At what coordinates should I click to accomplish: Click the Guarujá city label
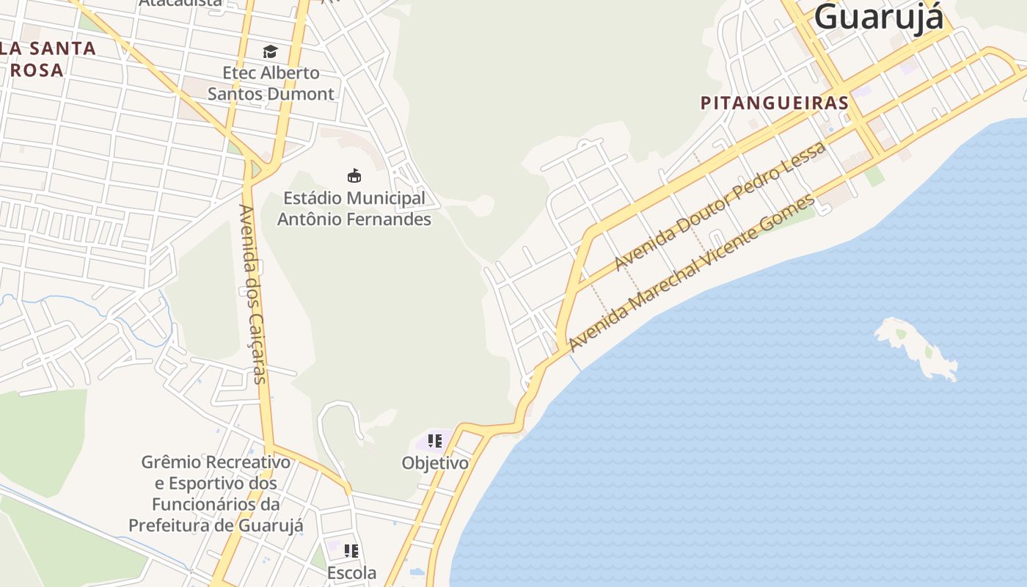878,16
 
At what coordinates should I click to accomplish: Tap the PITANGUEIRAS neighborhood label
774,103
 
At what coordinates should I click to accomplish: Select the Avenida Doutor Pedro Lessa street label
720,205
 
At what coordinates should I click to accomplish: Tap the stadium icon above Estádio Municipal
354,175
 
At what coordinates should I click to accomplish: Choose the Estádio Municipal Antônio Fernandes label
354,208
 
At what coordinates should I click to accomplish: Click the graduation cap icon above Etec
271,51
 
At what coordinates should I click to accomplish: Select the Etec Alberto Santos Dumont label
271,83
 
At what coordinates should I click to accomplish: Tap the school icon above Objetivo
435,441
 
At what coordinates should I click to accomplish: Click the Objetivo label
435,463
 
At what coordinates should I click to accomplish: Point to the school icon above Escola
351,550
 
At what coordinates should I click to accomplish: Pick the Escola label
352,572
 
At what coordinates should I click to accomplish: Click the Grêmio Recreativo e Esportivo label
216,494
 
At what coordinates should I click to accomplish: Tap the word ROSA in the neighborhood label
37,70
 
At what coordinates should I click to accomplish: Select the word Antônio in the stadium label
316,219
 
